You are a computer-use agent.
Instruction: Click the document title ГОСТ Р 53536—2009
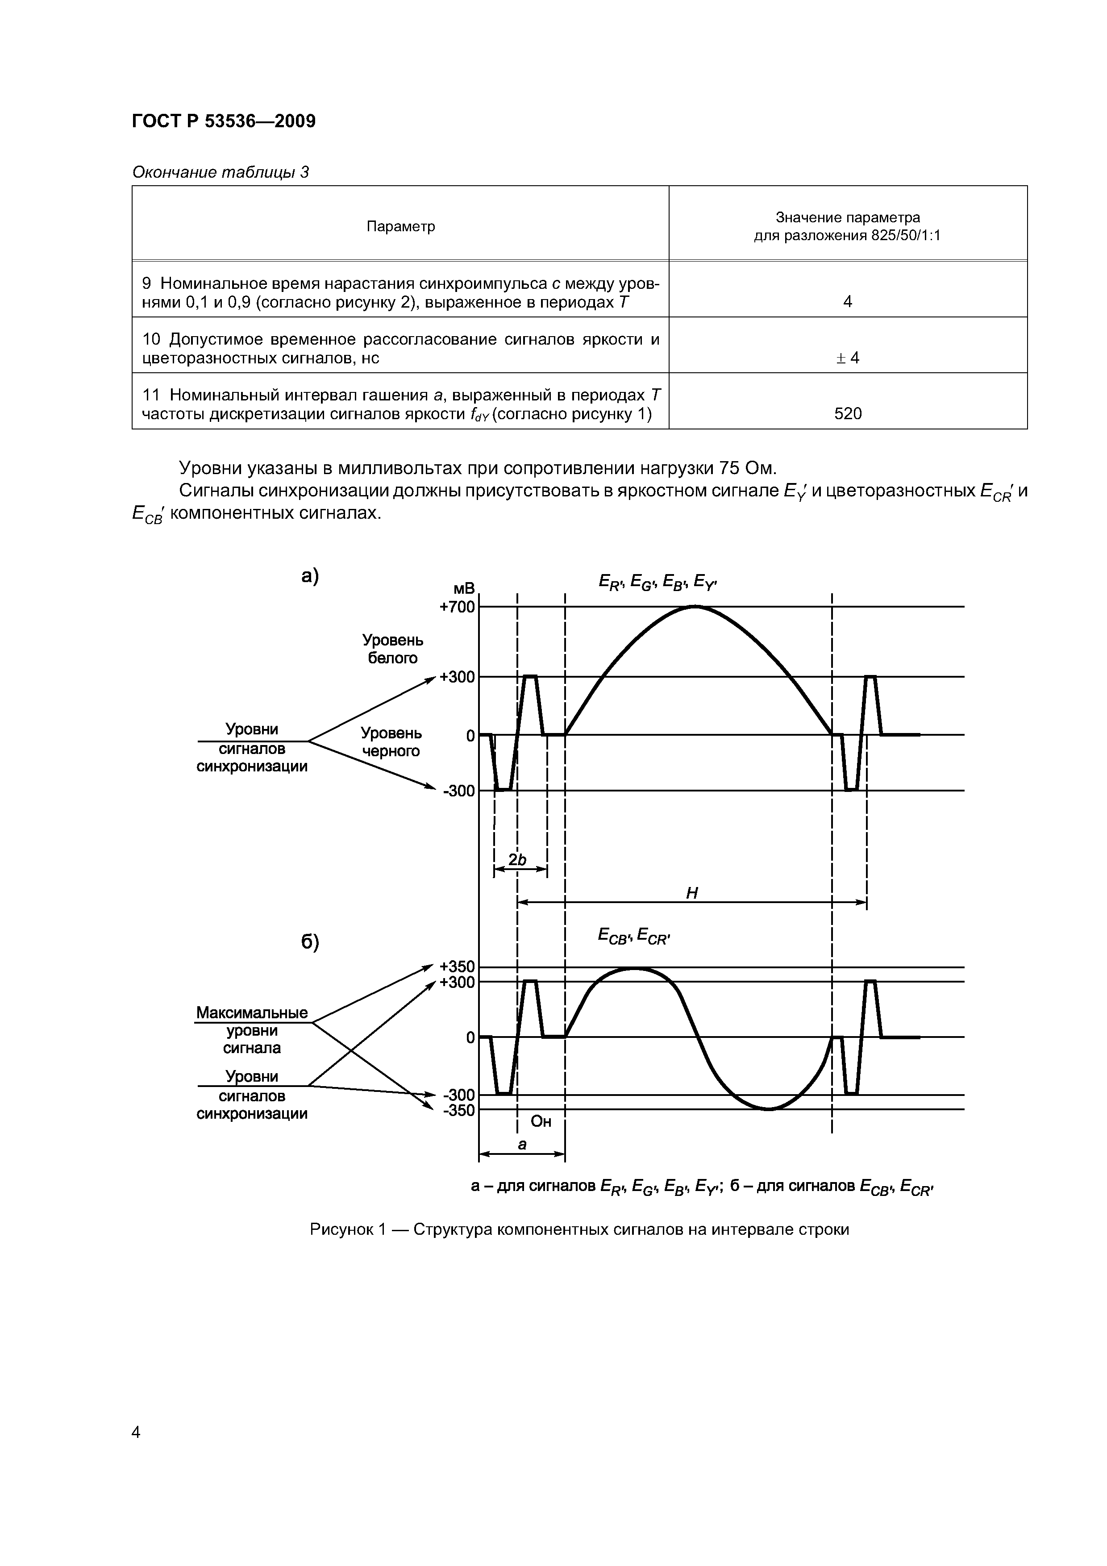223,121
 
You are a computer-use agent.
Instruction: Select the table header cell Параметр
400,226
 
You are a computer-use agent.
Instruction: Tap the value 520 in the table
848,413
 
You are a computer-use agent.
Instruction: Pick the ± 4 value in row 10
848,358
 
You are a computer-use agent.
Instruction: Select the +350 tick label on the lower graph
457,966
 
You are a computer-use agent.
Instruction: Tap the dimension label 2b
519,860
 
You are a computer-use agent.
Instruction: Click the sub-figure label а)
310,577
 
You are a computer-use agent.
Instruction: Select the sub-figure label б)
310,943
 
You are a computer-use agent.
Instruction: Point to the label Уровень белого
392,649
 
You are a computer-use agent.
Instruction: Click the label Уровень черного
391,742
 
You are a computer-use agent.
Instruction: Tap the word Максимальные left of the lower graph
252,1013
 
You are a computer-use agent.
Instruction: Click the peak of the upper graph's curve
695,606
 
